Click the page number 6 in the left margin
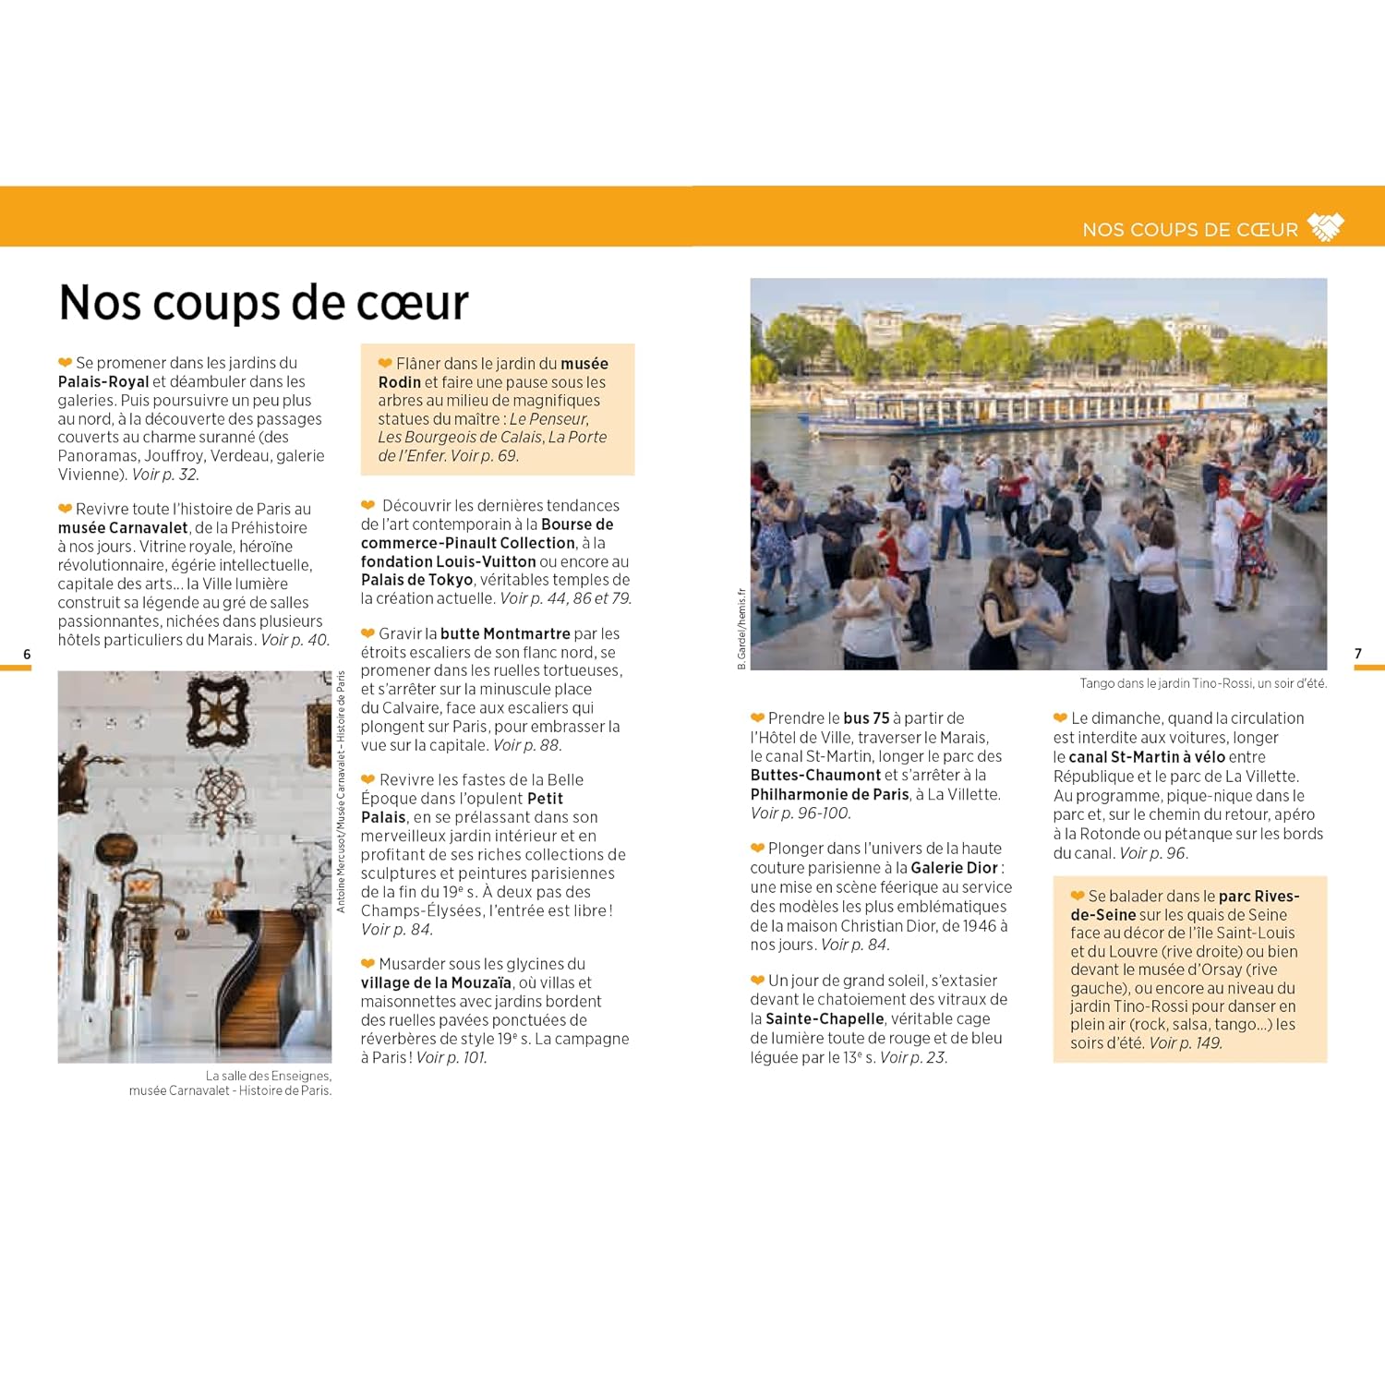[x=27, y=654]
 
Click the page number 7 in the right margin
[x=1357, y=654]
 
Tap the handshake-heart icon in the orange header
[x=1326, y=227]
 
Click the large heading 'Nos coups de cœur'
[x=263, y=303]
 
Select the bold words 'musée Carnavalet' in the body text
[x=123, y=528]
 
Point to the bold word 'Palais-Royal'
[x=103, y=382]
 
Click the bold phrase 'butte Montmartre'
[x=505, y=633]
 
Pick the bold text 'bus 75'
[x=866, y=718]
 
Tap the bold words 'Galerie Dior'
[x=954, y=868]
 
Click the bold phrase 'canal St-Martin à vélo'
[x=1147, y=757]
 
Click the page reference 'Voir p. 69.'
[x=485, y=456]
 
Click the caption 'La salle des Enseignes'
[x=268, y=1076]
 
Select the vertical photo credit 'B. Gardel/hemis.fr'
[x=741, y=628]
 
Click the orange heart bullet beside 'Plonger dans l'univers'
[x=757, y=849]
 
